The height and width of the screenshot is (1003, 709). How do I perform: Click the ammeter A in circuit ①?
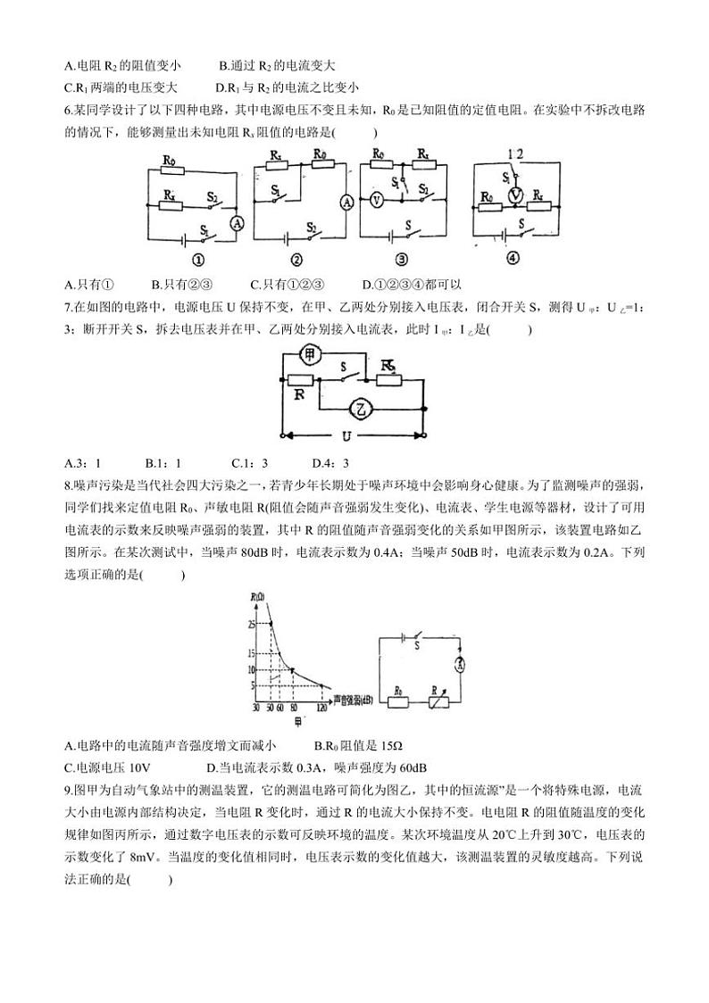coord(237,223)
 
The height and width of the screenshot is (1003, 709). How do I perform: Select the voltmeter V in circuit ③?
coord(376,201)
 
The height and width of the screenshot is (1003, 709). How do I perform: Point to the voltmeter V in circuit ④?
coord(513,195)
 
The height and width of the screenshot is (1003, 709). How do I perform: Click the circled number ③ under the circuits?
coord(401,261)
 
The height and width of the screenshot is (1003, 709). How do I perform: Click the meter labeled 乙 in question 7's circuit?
coord(359,409)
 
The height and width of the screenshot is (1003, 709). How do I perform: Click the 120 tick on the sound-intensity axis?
coord(321,708)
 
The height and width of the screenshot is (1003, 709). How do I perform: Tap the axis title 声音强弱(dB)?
coord(354,701)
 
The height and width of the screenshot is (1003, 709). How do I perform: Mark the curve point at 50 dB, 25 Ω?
coord(271,624)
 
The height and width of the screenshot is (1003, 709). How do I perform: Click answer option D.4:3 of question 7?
coord(330,462)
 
